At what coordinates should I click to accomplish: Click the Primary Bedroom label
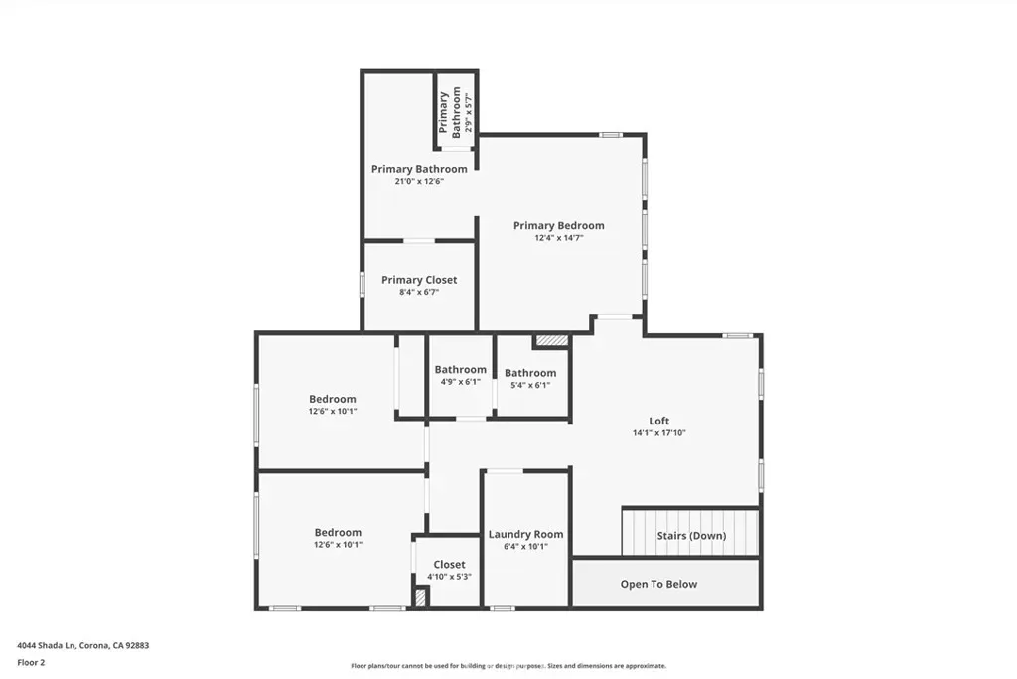click(x=558, y=226)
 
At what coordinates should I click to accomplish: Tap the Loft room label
click(x=659, y=421)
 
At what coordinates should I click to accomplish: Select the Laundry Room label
click(x=525, y=534)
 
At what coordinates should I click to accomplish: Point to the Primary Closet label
click(x=419, y=280)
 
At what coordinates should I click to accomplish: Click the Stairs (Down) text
click(x=691, y=536)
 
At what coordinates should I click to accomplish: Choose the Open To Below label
click(x=658, y=584)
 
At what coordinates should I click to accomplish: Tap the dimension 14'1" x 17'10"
click(x=659, y=433)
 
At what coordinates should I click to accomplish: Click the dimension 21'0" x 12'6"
click(x=419, y=181)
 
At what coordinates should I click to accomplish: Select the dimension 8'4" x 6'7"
click(x=419, y=292)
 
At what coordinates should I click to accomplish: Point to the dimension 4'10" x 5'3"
click(x=449, y=577)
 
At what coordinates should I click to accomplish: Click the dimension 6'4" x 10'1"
click(x=525, y=547)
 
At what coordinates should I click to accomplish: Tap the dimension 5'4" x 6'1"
click(x=530, y=385)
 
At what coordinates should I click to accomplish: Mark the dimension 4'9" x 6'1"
click(x=461, y=382)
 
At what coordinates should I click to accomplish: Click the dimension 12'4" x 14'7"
click(x=558, y=238)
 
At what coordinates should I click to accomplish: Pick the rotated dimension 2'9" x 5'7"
click(x=469, y=113)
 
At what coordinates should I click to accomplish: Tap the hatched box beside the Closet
click(x=420, y=597)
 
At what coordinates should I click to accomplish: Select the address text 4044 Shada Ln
click(x=47, y=646)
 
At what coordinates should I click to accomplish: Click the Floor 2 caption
click(x=31, y=663)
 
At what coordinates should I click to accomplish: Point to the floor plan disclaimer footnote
click(x=508, y=666)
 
